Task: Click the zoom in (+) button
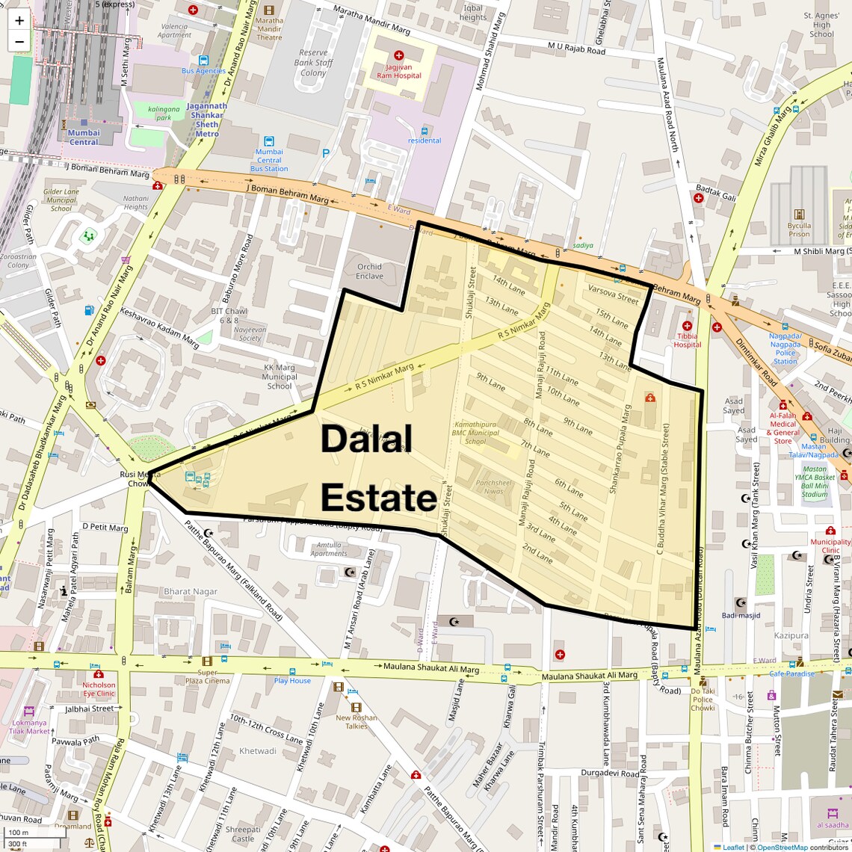(19, 21)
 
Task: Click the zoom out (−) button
(19, 41)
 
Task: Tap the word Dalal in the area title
(366, 439)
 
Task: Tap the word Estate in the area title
(379, 498)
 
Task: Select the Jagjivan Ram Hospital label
(398, 72)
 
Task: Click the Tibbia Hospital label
(687, 340)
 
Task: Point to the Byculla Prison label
(799, 229)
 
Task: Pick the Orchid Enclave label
(369, 271)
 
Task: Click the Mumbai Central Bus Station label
(269, 160)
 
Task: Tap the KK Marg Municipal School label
(280, 377)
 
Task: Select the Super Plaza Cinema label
(207, 676)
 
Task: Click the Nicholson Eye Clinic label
(99, 688)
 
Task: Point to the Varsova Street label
(613, 294)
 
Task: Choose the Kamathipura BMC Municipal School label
(475, 433)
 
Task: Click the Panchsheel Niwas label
(493, 487)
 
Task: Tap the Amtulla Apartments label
(329, 549)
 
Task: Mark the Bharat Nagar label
(191, 591)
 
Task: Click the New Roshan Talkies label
(356, 721)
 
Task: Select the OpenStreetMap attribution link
(782, 847)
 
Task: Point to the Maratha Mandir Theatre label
(269, 29)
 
